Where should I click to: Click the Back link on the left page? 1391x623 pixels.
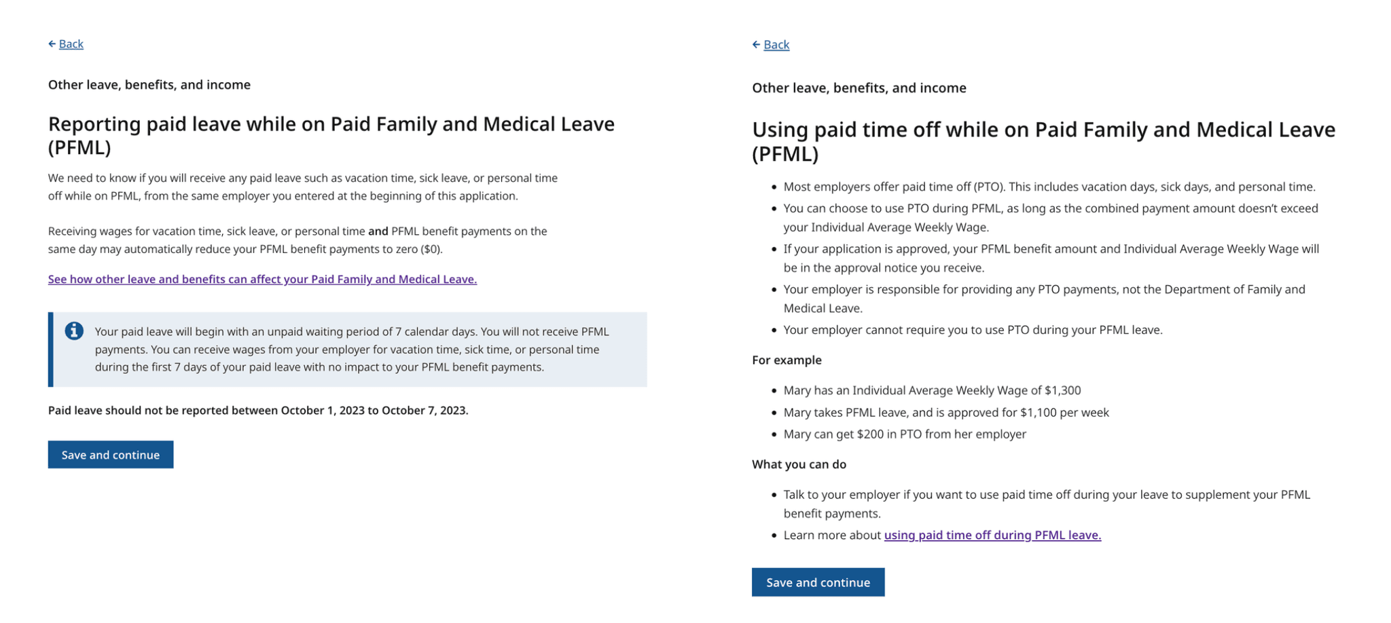coord(71,44)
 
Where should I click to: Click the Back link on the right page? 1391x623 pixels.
coord(776,45)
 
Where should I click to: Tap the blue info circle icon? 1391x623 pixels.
coord(74,331)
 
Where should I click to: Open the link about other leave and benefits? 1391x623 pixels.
coord(262,279)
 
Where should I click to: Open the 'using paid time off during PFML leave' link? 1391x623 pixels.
coord(992,535)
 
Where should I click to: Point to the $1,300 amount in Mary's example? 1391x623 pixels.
coord(1062,390)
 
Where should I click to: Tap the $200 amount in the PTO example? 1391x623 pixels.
coord(870,434)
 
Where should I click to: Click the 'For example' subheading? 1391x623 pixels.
coord(787,360)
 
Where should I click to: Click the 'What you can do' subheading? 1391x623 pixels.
coord(799,464)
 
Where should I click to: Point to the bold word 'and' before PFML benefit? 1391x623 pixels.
coord(378,231)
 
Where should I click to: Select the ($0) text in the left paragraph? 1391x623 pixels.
coord(431,249)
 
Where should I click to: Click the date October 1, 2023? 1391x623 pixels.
coord(323,411)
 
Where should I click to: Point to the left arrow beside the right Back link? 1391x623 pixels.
coord(756,45)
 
